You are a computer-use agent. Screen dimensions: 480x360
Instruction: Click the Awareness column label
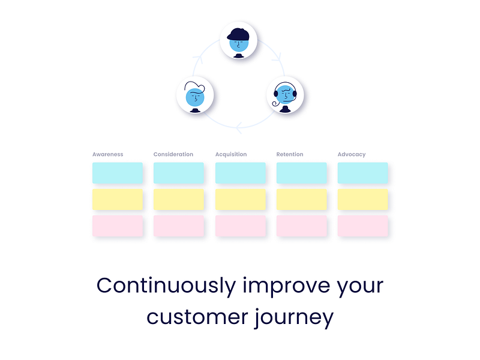pyautogui.click(x=108, y=154)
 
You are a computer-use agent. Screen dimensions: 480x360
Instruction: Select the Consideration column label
pyautogui.click(x=173, y=154)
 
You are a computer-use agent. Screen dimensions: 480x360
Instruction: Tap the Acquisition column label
pyautogui.click(x=231, y=154)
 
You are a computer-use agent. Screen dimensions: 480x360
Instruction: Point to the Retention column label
pyautogui.click(x=290, y=154)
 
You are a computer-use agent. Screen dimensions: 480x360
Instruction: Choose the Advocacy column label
pyautogui.click(x=352, y=155)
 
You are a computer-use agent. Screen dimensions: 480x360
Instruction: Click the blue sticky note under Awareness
pyautogui.click(x=118, y=173)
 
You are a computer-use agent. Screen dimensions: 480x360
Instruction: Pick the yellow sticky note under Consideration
pyautogui.click(x=179, y=199)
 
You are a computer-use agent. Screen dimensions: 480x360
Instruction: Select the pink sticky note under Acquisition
pyautogui.click(x=241, y=226)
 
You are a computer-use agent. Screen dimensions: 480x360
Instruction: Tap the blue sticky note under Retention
pyautogui.click(x=302, y=173)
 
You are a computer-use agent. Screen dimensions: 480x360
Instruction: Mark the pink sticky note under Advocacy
pyautogui.click(x=363, y=226)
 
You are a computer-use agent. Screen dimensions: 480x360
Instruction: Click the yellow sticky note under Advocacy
pyautogui.click(x=363, y=199)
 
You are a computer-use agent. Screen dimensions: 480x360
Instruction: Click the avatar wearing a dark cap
pyautogui.click(x=238, y=40)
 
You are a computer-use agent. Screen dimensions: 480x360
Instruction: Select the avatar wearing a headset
pyautogui.click(x=285, y=95)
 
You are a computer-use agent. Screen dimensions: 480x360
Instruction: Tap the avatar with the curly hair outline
pyautogui.click(x=195, y=95)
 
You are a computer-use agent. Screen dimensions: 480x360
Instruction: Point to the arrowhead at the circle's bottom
pyautogui.click(x=238, y=128)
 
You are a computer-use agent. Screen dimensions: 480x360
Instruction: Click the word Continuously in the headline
pyautogui.click(x=166, y=286)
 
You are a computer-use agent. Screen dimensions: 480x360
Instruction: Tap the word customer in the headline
pyautogui.click(x=197, y=317)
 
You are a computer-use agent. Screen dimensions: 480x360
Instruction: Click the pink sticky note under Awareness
pyautogui.click(x=118, y=226)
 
